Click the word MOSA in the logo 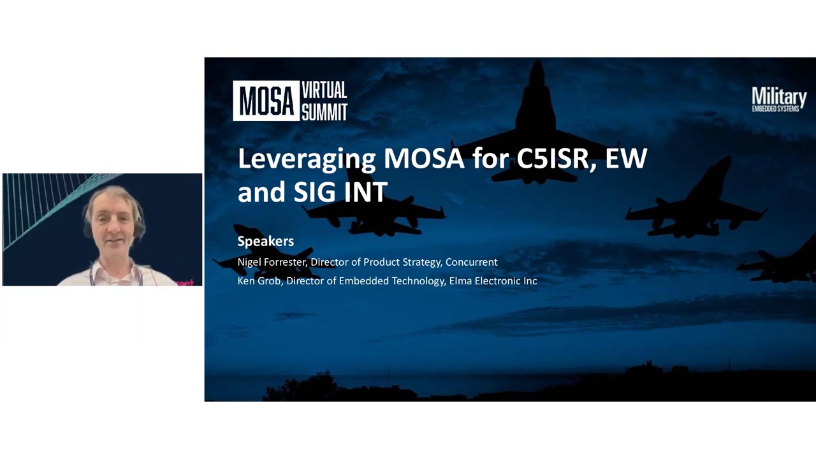(266, 101)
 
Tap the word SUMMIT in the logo (324, 112)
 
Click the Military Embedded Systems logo (779, 99)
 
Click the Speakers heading (265, 241)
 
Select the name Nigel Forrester (271, 262)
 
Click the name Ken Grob (258, 280)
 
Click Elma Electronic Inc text (493, 280)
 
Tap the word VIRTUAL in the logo (324, 90)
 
